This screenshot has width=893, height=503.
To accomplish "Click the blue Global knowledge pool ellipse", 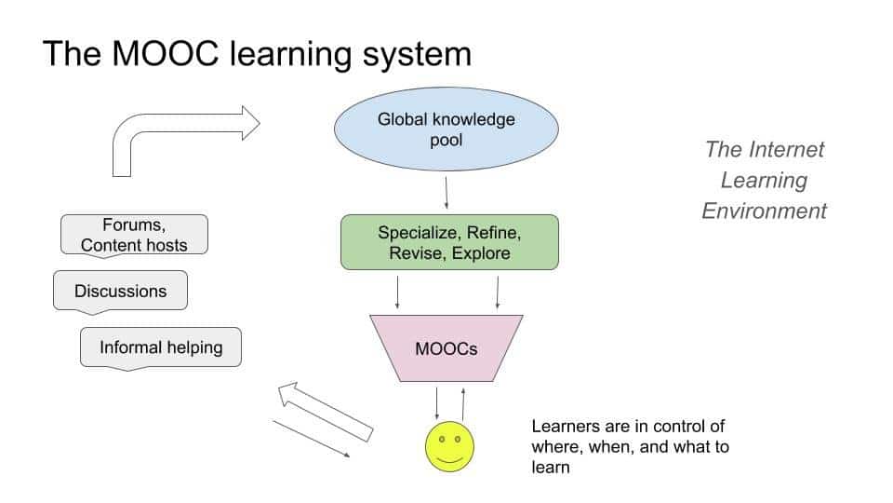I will coord(446,130).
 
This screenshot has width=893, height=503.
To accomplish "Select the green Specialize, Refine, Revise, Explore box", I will coord(449,242).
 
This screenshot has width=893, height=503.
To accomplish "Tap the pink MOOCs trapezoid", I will coord(446,348).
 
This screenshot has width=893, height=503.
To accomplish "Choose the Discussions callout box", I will coord(121,291).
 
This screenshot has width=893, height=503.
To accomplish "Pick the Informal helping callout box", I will coord(161,347).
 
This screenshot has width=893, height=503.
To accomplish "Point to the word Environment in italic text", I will coord(764,211).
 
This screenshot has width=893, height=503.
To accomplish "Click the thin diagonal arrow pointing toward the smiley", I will coord(311,438).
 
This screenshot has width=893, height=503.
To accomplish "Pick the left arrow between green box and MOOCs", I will coord(398,292).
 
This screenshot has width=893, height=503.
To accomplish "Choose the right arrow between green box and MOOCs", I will coord(498,292).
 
